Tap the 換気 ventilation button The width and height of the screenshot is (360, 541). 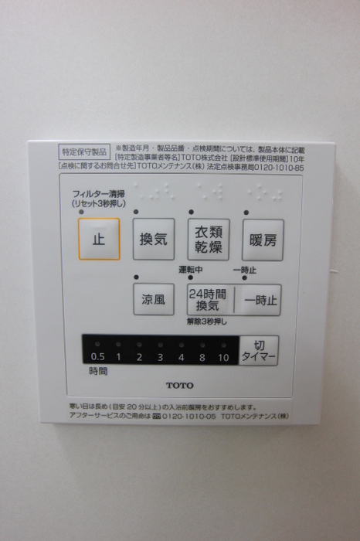coord(153,239)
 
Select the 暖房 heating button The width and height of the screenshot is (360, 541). coord(263,239)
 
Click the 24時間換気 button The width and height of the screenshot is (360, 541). coord(209,299)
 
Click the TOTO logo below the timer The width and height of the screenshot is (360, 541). coord(180,385)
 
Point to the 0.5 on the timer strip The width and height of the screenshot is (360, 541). coord(97,357)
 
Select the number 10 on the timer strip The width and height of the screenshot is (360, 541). coord(223,357)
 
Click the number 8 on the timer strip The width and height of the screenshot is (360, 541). coord(202,357)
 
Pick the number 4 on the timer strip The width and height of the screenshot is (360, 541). coord(181,357)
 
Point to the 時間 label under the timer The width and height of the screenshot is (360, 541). coord(97,372)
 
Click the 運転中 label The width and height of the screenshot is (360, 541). coord(191,270)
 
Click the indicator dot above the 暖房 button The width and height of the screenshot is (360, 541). coord(246,212)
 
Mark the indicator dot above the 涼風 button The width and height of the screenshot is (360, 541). coord(137,277)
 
